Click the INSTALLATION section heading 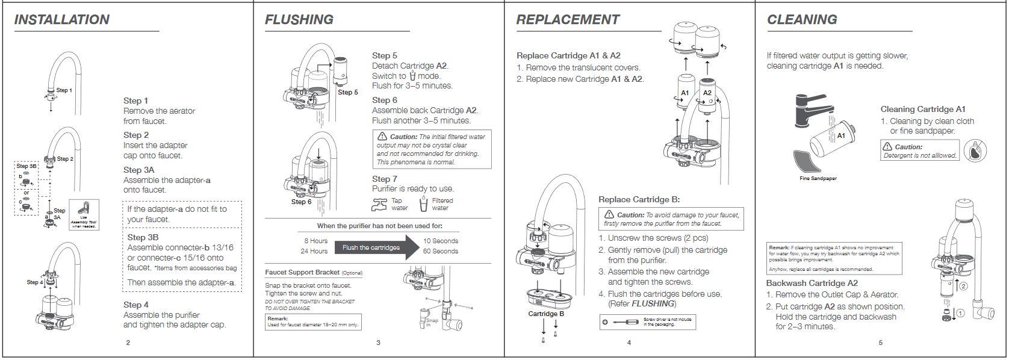tap(62, 20)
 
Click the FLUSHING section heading tap(299, 20)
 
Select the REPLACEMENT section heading tap(568, 20)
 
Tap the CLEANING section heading tap(802, 20)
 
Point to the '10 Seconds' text tap(440, 241)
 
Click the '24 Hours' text tap(314, 251)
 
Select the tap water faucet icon tap(379, 205)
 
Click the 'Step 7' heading tap(385, 179)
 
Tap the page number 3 tap(378, 343)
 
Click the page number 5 tap(880, 343)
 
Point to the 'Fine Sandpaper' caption tap(818, 178)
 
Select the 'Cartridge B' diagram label tap(546, 314)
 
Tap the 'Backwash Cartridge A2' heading tap(812, 283)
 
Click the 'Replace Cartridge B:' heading tap(639, 199)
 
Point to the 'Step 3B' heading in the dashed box tap(143, 237)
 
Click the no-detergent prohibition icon tap(975, 151)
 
